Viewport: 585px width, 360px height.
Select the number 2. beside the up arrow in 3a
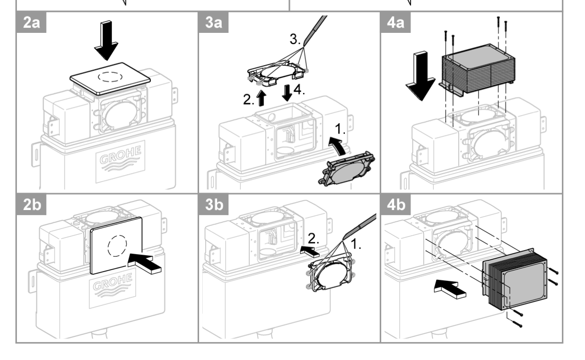(248, 100)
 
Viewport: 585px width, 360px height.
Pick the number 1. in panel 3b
(356, 245)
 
